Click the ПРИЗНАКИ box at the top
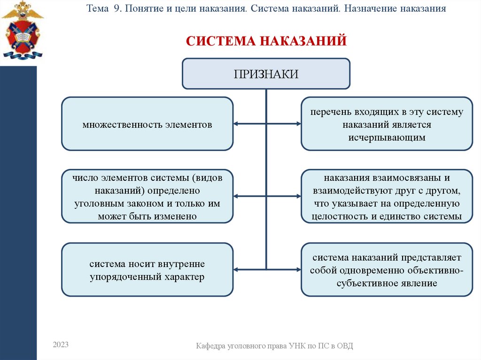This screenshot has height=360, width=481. coord(266,74)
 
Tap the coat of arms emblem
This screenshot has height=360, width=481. coord(22,31)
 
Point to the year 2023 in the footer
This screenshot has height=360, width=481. coord(61,345)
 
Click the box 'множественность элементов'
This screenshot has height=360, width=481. coord(147,124)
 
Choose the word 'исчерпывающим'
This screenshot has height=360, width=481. coord(387,138)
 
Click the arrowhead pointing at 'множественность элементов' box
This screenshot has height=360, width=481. coord(236,124)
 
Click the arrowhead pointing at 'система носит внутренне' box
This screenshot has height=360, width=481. coord(236,269)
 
